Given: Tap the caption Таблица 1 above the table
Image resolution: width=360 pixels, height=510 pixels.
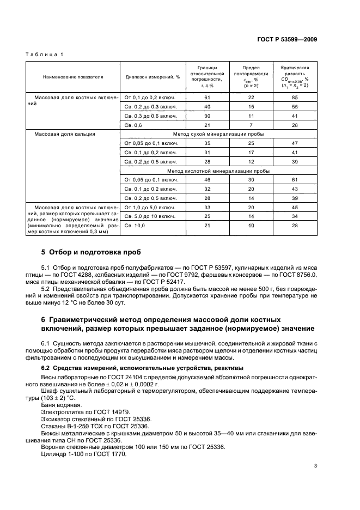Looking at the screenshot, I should (46, 55).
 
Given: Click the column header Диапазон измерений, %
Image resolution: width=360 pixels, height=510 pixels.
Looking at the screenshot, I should (152, 78).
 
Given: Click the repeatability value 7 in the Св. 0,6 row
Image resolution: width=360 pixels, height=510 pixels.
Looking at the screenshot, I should (251, 125).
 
